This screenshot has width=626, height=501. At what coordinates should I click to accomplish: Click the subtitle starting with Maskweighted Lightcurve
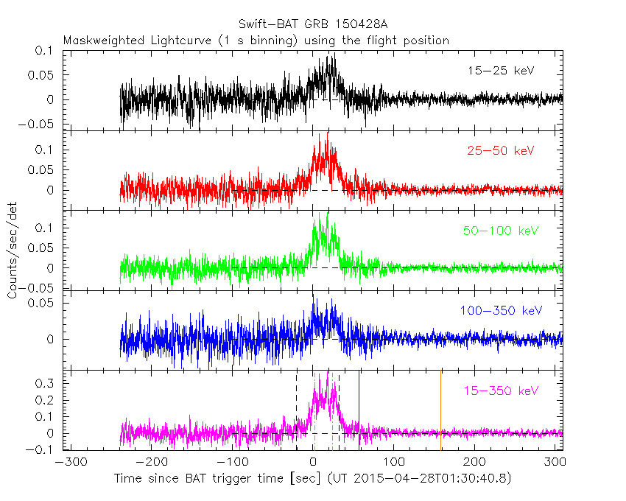(256, 41)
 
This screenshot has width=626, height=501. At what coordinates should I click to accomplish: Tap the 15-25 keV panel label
(500, 71)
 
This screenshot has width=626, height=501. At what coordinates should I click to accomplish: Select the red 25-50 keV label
(500, 151)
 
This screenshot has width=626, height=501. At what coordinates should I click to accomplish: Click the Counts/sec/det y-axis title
(13, 251)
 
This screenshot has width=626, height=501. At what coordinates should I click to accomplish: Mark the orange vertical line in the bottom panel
(440, 409)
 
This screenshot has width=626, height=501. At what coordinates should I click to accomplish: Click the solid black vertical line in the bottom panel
(359, 409)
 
